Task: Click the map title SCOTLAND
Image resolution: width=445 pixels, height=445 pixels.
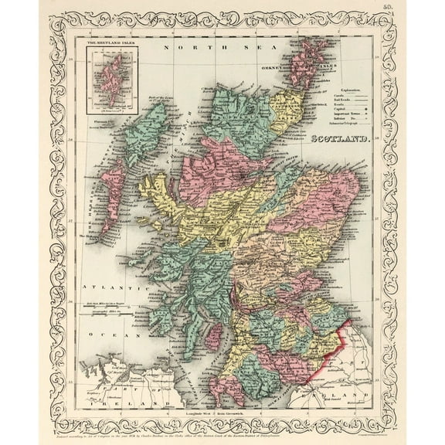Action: pyautogui.click(x=341, y=140)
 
